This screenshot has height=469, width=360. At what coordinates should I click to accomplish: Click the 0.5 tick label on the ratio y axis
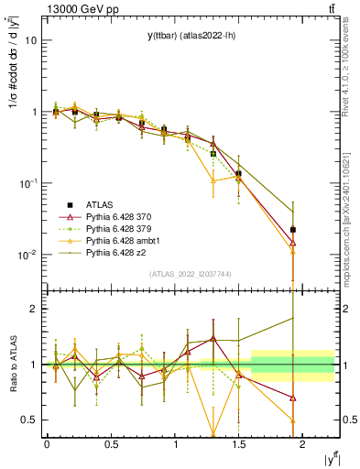tap(27, 420)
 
